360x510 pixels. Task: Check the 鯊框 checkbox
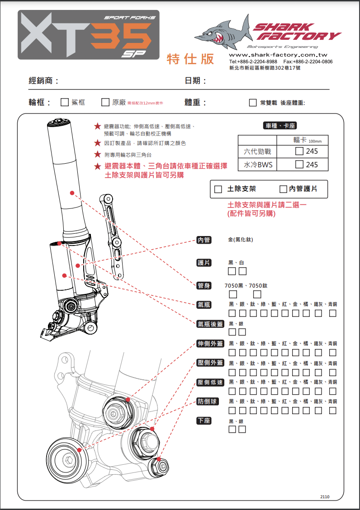[x=65, y=102]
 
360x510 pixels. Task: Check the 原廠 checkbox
[x=105, y=102]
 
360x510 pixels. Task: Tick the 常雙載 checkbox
[x=253, y=103]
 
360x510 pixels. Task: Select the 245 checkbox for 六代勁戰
[x=299, y=151]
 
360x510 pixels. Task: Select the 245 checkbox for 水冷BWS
[x=299, y=165]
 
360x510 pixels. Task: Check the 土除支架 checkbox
[x=218, y=189]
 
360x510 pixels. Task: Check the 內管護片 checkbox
[x=284, y=189]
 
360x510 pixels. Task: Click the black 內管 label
[x=204, y=240]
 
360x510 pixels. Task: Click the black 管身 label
[x=204, y=285]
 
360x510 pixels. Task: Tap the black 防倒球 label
[x=208, y=401]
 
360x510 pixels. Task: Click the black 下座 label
[x=204, y=421]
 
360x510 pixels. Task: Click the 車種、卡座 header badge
[x=280, y=126]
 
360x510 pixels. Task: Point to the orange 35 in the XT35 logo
[x=121, y=36]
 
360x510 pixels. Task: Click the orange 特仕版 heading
[x=190, y=59]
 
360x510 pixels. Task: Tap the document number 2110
[x=325, y=496]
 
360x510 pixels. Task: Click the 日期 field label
[x=195, y=81]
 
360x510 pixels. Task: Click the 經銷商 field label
[x=43, y=81]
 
